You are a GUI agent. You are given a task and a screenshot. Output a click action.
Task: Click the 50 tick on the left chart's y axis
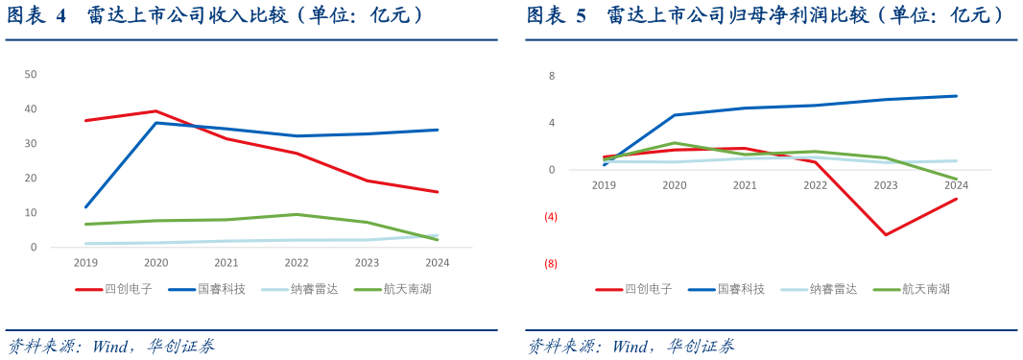pyautogui.click(x=31, y=74)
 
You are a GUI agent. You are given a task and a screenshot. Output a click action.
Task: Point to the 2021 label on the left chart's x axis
pyautogui.click(x=226, y=262)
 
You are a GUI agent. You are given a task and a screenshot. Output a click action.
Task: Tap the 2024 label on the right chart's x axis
pyautogui.click(x=956, y=184)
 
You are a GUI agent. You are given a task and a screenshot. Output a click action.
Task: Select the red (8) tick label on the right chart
pyautogui.click(x=551, y=263)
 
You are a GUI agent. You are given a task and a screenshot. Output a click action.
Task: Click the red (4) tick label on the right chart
pyautogui.click(x=551, y=217)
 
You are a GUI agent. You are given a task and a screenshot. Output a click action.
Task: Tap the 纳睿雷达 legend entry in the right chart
pyautogui.click(x=833, y=288)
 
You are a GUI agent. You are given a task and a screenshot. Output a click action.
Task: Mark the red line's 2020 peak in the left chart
pyautogui.click(x=155, y=111)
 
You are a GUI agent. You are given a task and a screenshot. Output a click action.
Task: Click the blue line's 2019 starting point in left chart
pyautogui.click(x=85, y=206)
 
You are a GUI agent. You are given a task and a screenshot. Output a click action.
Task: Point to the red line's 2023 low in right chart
pyautogui.click(x=886, y=234)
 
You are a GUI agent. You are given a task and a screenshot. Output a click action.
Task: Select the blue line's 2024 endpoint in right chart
pyautogui.click(x=956, y=96)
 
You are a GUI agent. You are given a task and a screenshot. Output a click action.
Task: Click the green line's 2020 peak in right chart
pyautogui.click(x=675, y=143)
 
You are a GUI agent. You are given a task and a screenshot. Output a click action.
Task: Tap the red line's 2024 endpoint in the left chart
pyautogui.click(x=438, y=192)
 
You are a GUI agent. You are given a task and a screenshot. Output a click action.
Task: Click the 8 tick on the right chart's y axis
pyautogui.click(x=552, y=76)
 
